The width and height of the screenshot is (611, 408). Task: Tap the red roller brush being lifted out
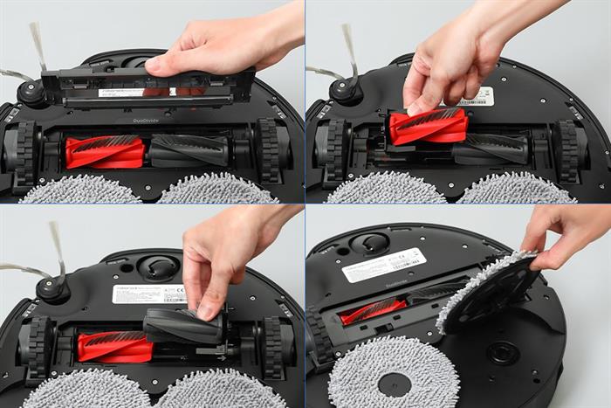point(429,126)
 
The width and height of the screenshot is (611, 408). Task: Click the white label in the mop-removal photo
point(383,265)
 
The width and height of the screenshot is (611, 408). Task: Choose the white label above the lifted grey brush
point(148,294)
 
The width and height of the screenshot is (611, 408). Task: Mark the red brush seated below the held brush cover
point(105,151)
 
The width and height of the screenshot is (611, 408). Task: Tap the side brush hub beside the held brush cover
point(33,91)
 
